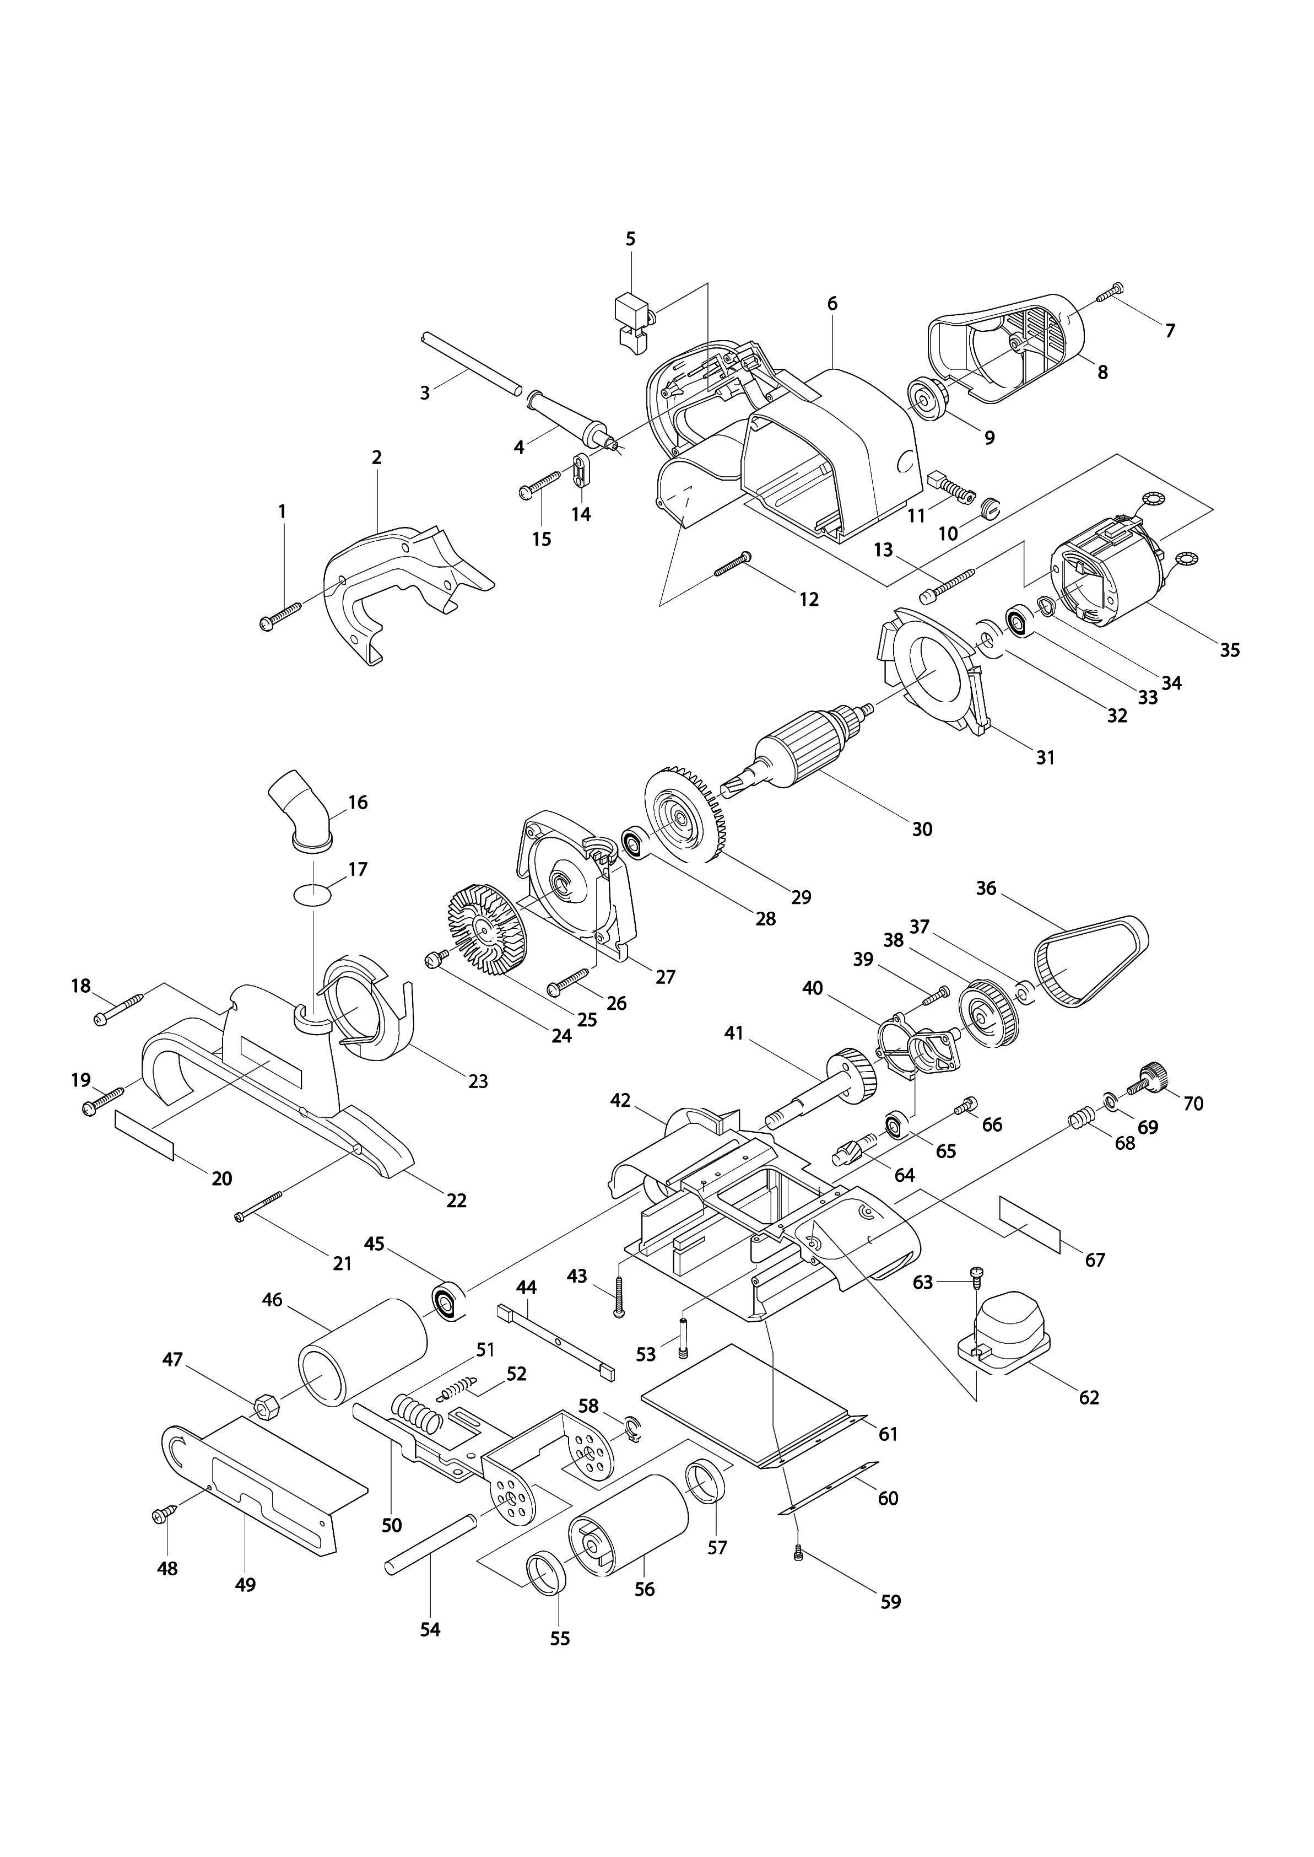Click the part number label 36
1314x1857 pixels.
[x=986, y=888]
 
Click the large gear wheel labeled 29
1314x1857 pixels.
[x=684, y=828]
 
